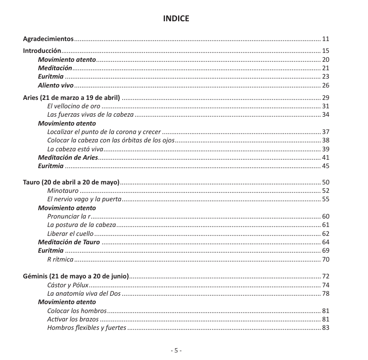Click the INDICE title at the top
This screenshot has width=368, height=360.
coord(176,19)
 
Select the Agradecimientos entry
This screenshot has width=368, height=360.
coord(48,39)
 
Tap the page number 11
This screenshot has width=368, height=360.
coord(325,39)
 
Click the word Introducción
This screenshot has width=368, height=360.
coord(42,50)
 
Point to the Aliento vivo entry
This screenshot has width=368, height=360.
coord(56,86)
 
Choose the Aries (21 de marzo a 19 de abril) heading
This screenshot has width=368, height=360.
coord(72,97)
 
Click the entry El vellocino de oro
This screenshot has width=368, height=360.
coord(74,106)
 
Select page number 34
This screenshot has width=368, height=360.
coord(325,115)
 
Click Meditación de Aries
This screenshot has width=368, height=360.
coord(68,158)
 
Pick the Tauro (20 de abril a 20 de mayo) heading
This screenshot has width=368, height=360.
coord(71,182)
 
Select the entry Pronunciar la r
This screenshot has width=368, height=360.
coord(69,217)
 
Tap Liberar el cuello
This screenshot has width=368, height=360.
coord(70,234)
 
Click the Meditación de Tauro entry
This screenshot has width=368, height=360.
coord(69,242)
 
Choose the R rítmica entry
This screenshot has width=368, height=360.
coord(60,260)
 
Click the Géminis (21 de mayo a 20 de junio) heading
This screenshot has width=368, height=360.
coord(76,275)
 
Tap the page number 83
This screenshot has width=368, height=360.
coord(325,328)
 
